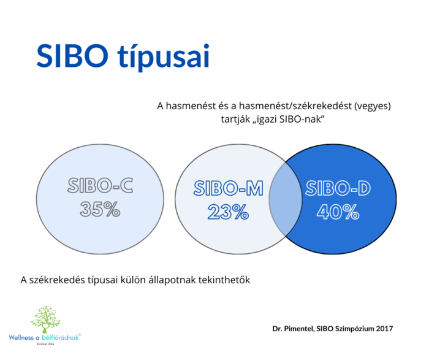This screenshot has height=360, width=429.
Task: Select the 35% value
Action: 99,210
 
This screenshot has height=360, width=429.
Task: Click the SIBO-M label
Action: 228,189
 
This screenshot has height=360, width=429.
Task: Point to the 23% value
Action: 228,212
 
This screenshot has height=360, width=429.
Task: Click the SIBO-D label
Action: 337,189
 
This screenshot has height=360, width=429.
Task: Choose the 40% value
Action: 338,212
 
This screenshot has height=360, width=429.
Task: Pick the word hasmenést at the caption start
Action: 188,105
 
